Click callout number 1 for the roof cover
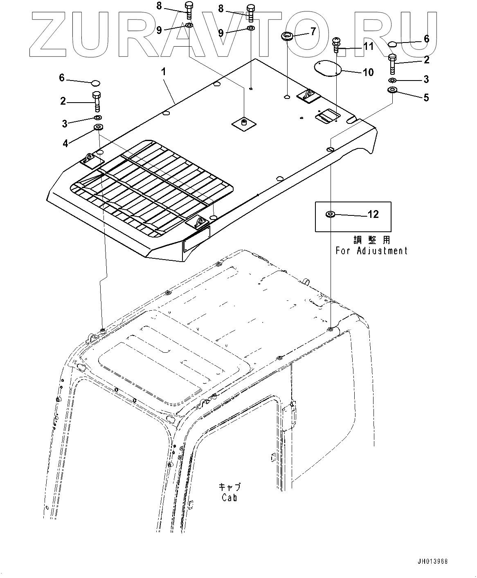(164, 72)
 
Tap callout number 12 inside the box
(373, 214)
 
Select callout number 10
(368, 72)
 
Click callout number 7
(313, 31)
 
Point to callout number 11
(368, 46)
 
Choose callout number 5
(426, 97)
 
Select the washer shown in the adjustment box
(329, 214)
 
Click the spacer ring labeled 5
(392, 90)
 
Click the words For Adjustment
(371, 251)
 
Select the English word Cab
(229, 497)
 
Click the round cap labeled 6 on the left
(95, 83)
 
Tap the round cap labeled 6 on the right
(391, 44)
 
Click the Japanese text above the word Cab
(229, 487)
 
